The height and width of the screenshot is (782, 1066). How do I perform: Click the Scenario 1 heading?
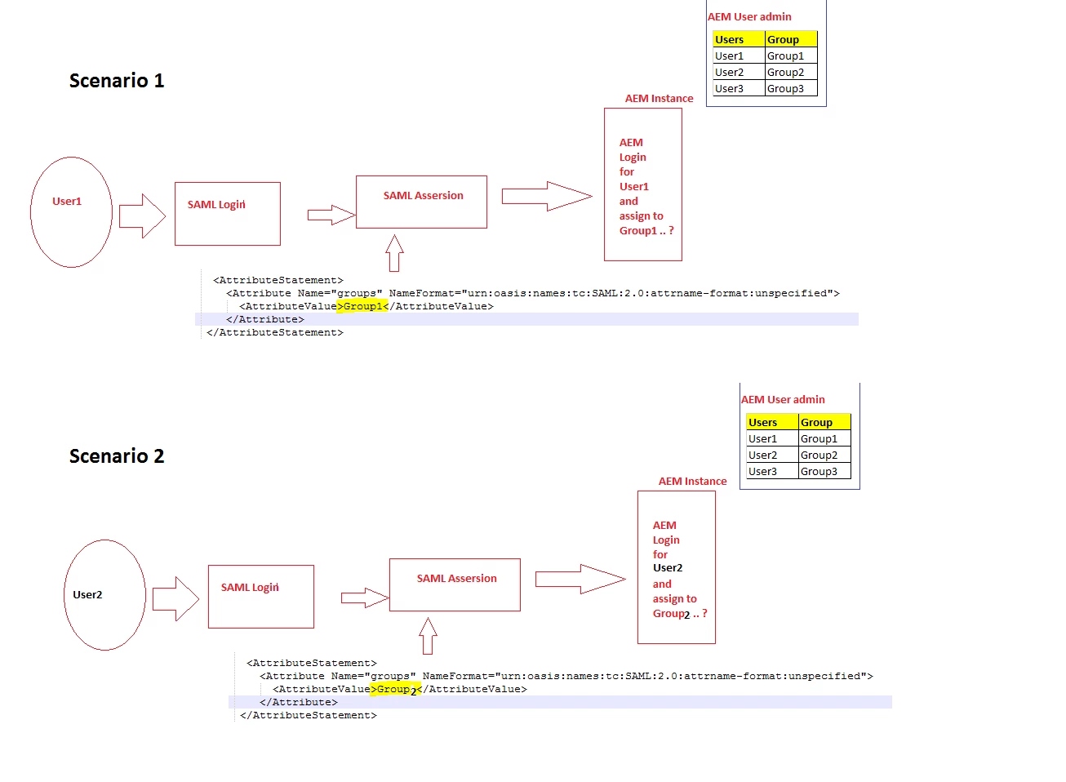117,81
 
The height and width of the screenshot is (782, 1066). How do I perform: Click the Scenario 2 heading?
117,456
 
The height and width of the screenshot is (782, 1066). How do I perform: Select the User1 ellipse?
71,211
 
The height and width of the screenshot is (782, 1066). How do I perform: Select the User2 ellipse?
104,594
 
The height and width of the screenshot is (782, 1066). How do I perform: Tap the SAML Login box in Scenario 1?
227,214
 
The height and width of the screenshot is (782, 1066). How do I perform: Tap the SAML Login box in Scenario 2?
260,597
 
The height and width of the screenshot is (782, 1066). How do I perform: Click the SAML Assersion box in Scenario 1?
421,202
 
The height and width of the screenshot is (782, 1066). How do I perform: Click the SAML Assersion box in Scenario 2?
455,584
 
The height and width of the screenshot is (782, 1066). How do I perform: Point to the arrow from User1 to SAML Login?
143,216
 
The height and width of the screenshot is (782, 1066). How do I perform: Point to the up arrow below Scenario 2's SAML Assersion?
428,636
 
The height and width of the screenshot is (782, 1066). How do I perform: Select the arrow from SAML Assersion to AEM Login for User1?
547,196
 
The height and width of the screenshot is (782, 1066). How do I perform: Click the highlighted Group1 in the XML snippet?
362,306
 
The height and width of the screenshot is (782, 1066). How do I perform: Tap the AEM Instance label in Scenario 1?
659,99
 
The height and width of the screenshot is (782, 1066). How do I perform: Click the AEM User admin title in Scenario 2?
783,400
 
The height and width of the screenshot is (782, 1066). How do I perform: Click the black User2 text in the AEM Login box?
668,568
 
